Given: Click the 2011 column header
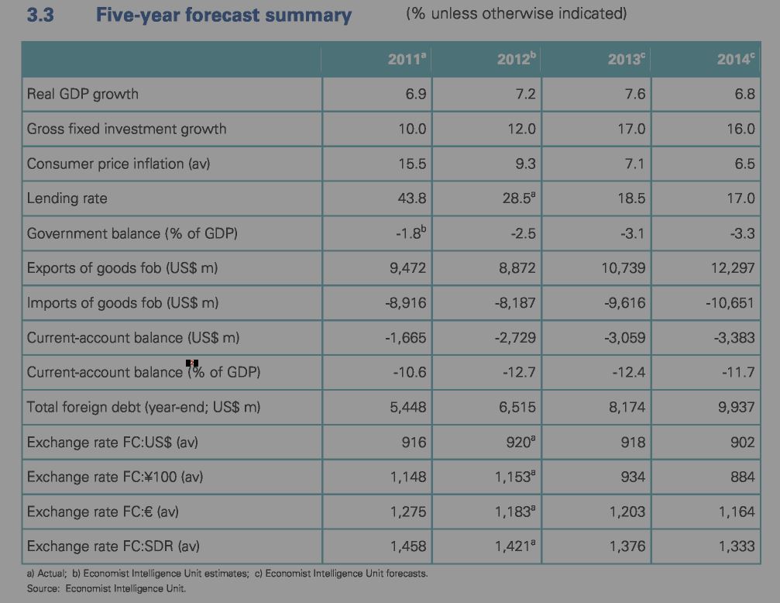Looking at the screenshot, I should click(x=407, y=59).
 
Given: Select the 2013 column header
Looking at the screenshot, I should click(x=626, y=59).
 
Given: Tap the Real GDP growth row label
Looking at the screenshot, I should click(x=83, y=94).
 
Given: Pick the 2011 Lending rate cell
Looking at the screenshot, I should click(x=411, y=198).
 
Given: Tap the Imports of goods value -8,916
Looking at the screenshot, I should click(x=405, y=303).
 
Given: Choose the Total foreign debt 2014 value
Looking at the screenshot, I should click(x=736, y=408).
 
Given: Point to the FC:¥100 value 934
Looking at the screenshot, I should click(x=632, y=477).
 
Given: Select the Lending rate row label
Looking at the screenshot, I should click(x=67, y=198).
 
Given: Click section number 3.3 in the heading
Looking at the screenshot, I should click(x=40, y=15).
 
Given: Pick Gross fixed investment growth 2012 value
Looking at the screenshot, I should click(x=521, y=129).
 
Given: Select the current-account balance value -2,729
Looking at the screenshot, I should click(x=514, y=338).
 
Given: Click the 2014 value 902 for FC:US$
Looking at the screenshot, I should click(x=741, y=442).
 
